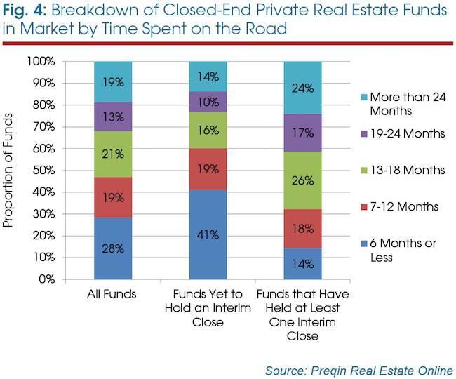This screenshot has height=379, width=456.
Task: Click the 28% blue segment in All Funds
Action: tap(113, 248)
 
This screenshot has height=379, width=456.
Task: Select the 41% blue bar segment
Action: tap(208, 234)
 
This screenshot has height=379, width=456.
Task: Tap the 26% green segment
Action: tap(303, 180)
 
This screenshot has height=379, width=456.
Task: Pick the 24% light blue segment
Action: tap(303, 88)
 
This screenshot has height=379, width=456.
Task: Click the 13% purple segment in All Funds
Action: tap(113, 117)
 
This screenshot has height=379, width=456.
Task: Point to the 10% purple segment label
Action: tap(208, 102)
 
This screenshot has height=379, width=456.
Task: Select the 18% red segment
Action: tap(303, 229)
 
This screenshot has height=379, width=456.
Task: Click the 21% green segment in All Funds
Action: tap(113, 154)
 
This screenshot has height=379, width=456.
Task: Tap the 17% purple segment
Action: tap(303, 133)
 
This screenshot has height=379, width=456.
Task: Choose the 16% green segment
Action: tap(208, 131)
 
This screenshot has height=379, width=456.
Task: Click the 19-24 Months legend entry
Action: tap(403, 134)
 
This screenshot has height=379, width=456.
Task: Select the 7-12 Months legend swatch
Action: tap(364, 207)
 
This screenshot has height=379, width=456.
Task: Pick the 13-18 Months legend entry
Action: tap(403, 170)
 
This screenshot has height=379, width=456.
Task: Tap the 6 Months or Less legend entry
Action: tap(398, 250)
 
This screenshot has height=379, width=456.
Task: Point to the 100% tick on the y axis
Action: tap(41, 61)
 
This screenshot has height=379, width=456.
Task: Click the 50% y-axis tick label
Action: tap(44, 170)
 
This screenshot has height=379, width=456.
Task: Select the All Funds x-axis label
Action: tap(112, 294)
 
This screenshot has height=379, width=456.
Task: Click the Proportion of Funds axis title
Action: tap(8, 170)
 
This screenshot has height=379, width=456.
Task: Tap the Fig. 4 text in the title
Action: tap(25, 11)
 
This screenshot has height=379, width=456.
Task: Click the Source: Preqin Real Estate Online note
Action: tap(359, 371)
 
